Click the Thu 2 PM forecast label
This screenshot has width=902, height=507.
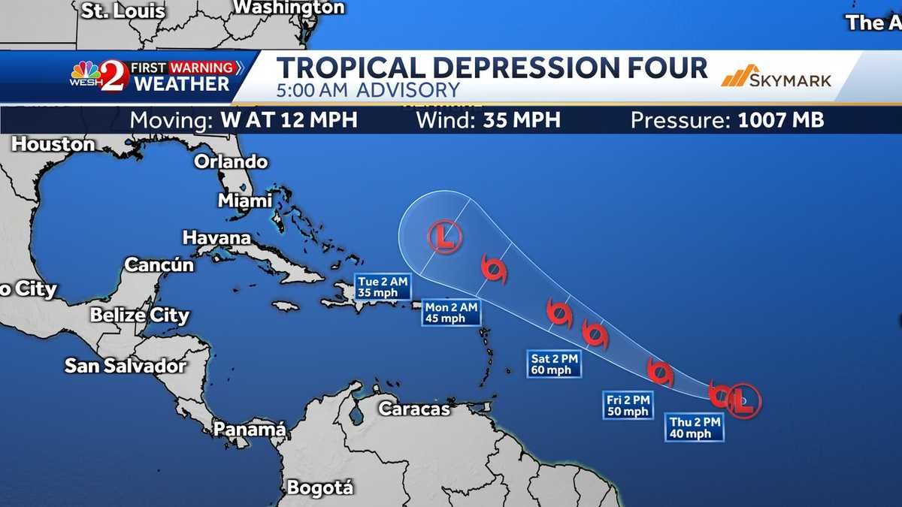tap(695, 428)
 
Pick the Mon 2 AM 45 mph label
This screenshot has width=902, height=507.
tap(451, 312)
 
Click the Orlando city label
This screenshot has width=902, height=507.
tap(231, 161)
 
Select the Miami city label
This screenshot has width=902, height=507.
tap(244, 201)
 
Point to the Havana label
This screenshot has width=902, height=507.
tap(216, 237)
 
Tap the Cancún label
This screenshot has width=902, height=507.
tap(159, 264)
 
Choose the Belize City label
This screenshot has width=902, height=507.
tap(139, 315)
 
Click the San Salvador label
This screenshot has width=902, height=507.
tap(125, 366)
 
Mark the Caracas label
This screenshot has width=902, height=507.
tap(414, 409)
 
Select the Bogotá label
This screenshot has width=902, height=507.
tap(319, 487)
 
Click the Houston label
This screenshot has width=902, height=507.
tap(53, 143)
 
